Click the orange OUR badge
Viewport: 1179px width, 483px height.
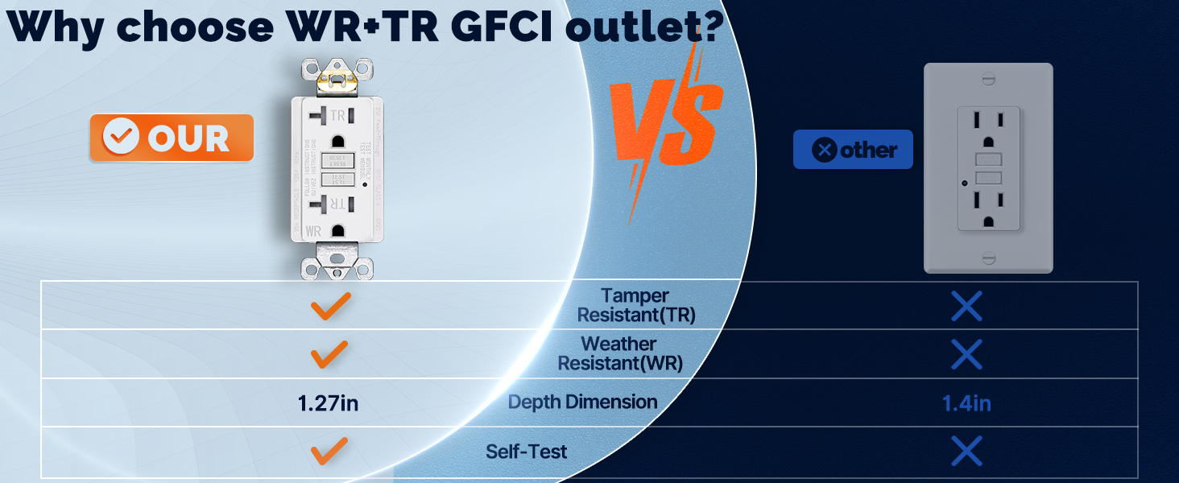click(171, 138)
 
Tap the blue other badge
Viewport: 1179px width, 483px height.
click(853, 150)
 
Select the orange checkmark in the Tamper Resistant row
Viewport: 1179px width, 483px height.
click(330, 306)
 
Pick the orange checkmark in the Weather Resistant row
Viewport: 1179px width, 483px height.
click(330, 354)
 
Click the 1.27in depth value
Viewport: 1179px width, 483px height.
click(328, 402)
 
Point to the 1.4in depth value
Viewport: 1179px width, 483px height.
click(966, 402)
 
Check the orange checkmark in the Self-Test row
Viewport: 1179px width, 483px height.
click(330, 451)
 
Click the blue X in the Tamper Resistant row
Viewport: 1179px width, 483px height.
click(966, 306)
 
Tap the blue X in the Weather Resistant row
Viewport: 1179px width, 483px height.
click(966, 354)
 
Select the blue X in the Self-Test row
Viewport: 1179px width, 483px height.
click(966, 451)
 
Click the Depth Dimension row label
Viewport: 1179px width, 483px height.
click(582, 402)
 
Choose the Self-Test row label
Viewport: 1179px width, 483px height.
click(526, 452)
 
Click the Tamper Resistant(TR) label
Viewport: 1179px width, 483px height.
click(636, 306)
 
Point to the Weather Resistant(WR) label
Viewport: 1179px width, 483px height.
click(620, 354)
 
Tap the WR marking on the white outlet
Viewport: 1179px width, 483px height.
click(313, 232)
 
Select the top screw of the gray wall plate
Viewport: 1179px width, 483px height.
click(988, 79)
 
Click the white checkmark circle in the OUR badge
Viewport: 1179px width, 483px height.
click(121, 138)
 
